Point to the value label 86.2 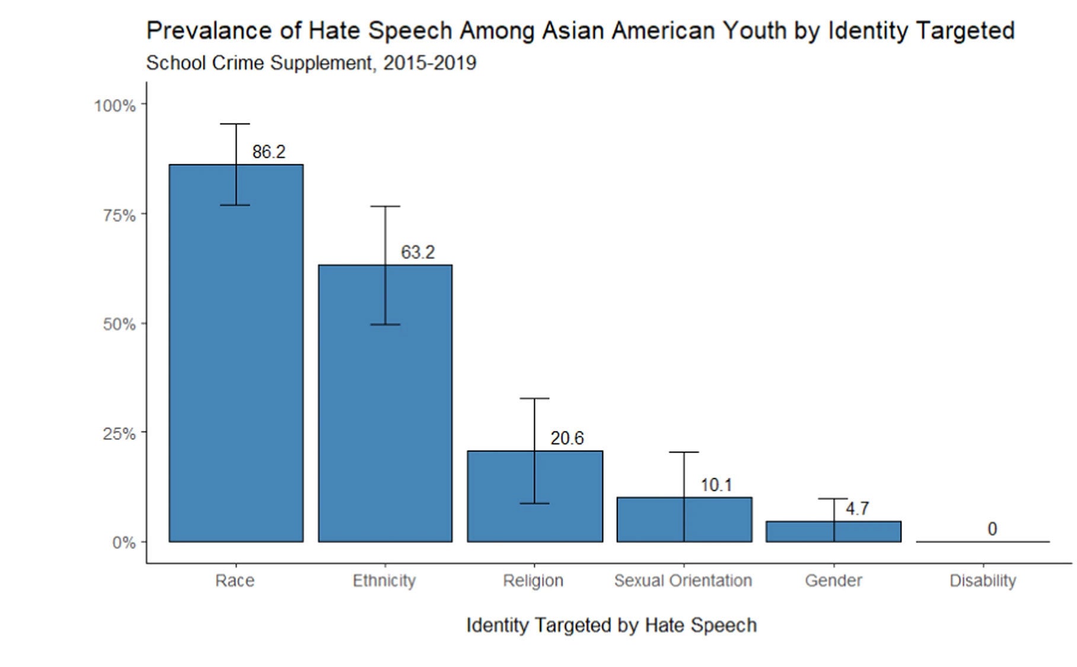tap(269, 152)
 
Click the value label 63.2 tap(418, 252)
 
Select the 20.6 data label tap(567, 438)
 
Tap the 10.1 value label tap(716, 485)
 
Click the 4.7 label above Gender tap(857, 509)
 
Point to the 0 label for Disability tap(992, 529)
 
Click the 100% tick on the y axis tap(115, 106)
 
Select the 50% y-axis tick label tap(119, 324)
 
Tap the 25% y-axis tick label tap(119, 433)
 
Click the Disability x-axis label tap(983, 580)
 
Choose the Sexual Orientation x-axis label tap(683, 580)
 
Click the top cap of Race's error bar tap(235, 124)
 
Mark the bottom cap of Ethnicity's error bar tap(385, 324)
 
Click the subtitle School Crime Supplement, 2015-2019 tap(311, 63)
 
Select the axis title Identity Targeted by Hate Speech tap(611, 625)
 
